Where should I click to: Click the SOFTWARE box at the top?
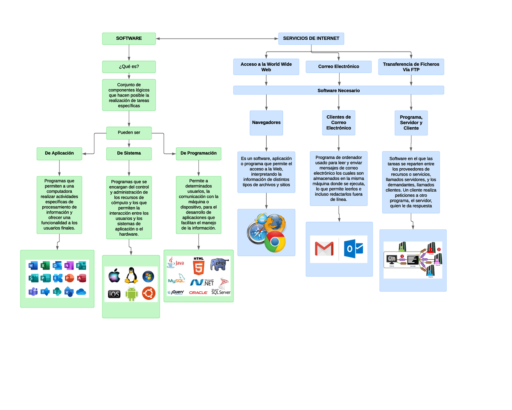[129, 38]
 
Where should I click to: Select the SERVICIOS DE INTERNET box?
[311, 38]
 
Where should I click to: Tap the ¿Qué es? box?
[129, 67]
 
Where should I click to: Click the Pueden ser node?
[129, 133]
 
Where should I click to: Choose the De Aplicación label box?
[59, 153]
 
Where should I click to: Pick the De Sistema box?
[129, 153]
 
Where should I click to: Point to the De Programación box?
[198, 153]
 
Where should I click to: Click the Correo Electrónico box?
[338, 67]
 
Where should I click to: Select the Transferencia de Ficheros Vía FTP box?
[411, 67]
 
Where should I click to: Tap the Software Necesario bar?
[338, 91]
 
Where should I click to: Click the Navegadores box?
[266, 123]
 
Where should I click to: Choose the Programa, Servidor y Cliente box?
[411, 123]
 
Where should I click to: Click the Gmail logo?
[324, 249]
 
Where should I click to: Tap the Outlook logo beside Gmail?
[354, 249]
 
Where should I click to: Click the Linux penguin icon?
[131, 276]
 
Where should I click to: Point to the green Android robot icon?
[131, 294]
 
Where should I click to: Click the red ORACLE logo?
[198, 293]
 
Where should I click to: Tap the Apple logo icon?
[114, 276]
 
